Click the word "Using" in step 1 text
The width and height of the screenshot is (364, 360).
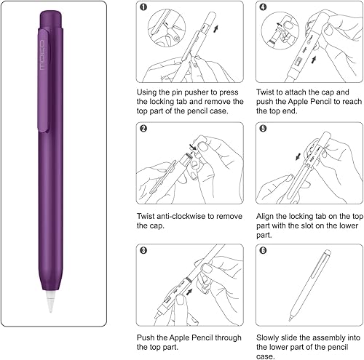(149, 92)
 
